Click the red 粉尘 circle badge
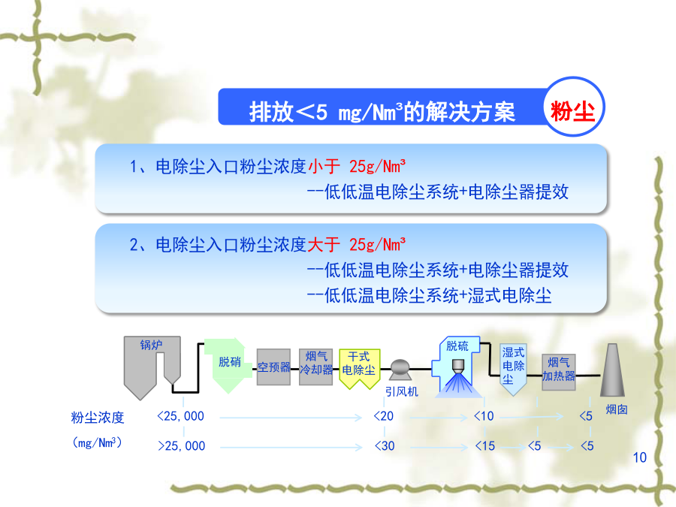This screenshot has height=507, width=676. tap(574, 107)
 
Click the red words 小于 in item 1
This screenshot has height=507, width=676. tap(324, 167)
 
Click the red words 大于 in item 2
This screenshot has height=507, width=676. tap(324, 245)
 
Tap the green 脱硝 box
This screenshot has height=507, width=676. tap(228, 365)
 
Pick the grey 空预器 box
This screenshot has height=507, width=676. tap(273, 367)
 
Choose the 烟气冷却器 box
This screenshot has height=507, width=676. tap(316, 367)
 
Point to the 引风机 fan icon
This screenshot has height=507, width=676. tap(400, 370)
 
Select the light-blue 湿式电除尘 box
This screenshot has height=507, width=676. tap(512, 370)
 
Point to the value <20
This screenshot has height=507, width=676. tap(384, 416)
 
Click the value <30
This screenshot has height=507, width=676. tap(385, 445)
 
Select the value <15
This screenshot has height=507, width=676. tap(485, 445)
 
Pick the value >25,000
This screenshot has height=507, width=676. tap(182, 445)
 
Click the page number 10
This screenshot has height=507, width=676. tap(640, 457)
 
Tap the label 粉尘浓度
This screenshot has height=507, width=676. tap(98, 418)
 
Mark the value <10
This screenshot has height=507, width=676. tap(484, 416)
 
